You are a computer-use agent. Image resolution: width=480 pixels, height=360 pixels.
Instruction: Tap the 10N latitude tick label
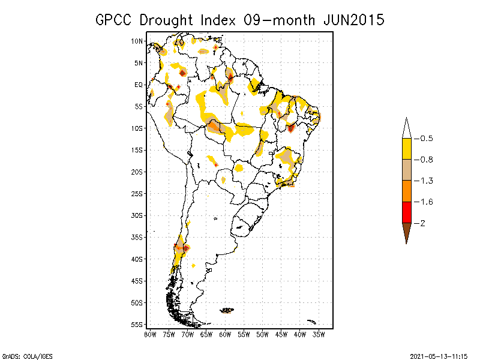pos(137,41)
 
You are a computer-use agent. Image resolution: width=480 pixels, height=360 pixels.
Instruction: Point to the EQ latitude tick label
pos(139,85)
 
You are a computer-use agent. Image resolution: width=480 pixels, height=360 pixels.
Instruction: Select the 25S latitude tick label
pos(137,193)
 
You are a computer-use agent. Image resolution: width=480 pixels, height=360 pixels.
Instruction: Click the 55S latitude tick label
pos(137,324)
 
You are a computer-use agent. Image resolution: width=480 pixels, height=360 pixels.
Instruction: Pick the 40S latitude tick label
pos(137,259)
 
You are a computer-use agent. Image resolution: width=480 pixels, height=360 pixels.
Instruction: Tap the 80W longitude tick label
pos(150,334)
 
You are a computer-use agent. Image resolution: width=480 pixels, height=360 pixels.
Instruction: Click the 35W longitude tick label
pos(319,334)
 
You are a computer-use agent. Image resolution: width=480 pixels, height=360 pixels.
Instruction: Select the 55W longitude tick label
pos(244,334)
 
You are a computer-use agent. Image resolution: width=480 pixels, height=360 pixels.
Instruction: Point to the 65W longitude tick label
pos(206,334)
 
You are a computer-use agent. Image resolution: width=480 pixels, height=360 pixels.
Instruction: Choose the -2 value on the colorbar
pos(422,223)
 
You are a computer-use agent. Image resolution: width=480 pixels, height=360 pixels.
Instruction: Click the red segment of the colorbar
pos(406,212)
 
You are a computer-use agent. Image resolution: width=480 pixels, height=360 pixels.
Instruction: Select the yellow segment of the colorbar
pos(406,149)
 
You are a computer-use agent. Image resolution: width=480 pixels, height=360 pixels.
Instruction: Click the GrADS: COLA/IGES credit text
pos(23,356)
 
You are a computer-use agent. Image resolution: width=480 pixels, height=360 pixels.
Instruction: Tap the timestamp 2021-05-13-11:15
pos(439,356)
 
